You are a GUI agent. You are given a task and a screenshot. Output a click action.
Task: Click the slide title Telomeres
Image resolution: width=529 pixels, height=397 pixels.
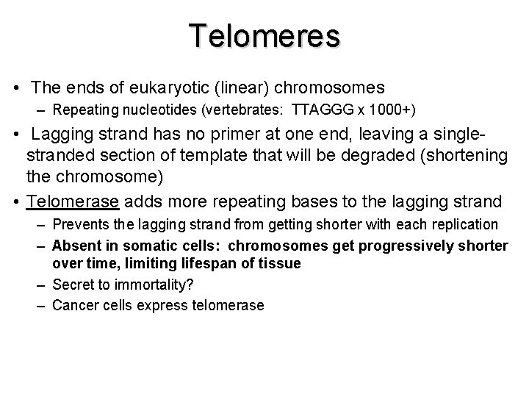pos(264,35)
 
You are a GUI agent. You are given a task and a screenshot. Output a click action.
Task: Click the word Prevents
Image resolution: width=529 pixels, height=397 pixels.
pos(81,224)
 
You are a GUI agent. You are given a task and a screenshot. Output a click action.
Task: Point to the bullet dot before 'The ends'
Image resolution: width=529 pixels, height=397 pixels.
pos(16,89)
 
